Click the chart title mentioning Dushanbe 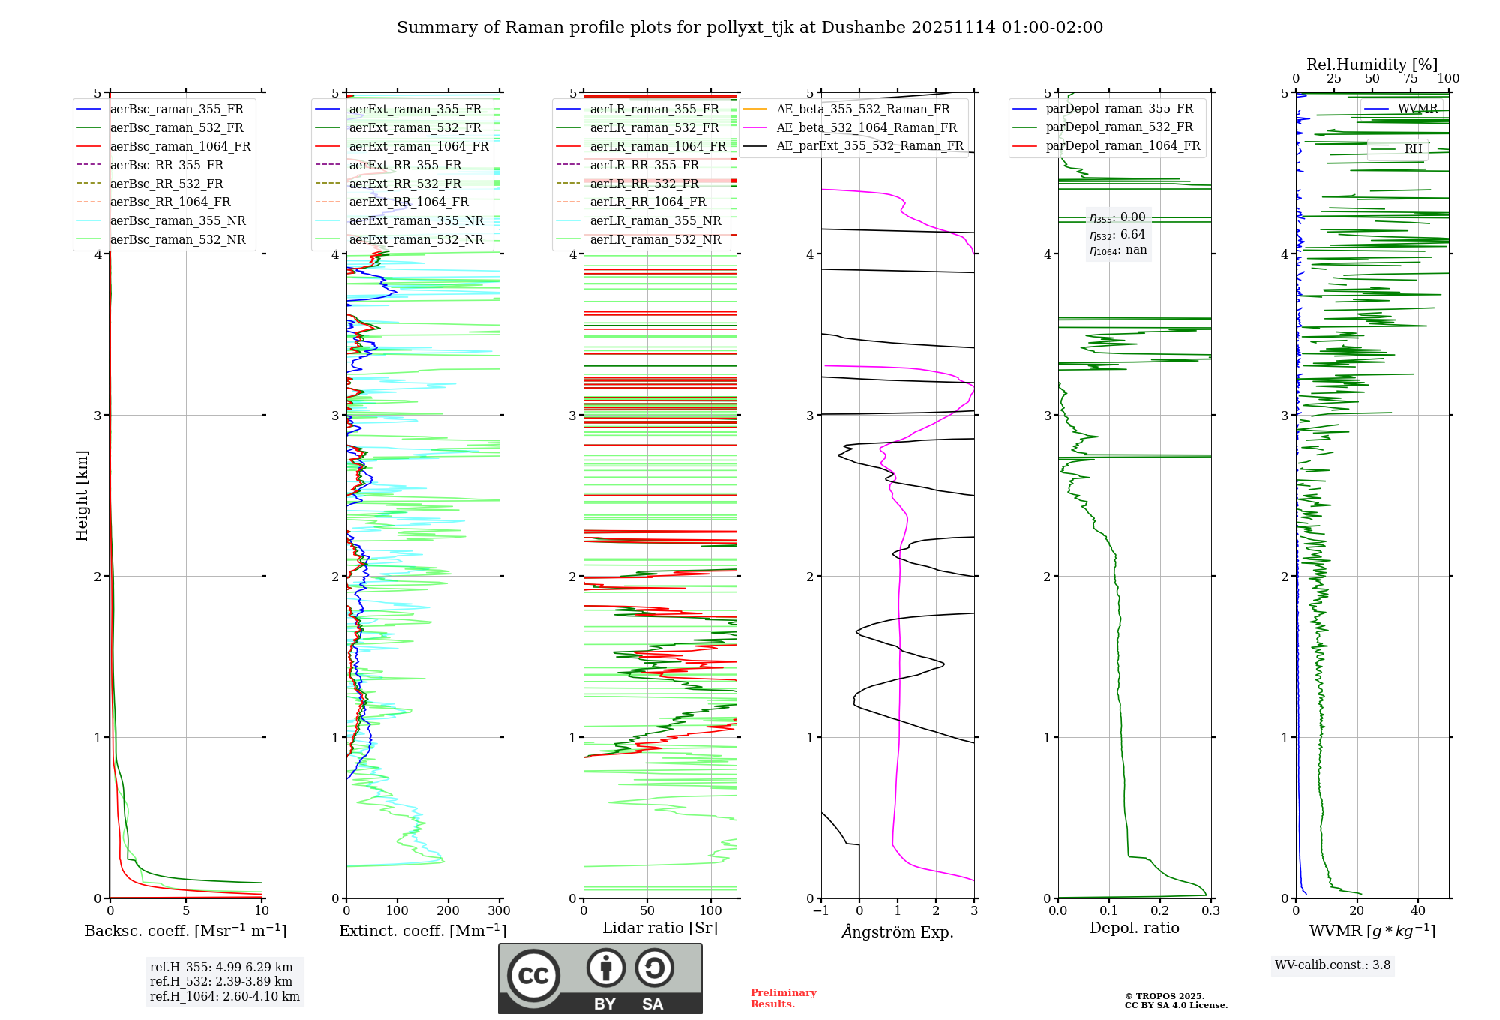coord(750,28)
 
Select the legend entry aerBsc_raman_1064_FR coord(180,146)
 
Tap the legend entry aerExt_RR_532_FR coord(405,184)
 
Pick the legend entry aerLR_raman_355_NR coord(655,220)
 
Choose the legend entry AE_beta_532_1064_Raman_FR coord(866,127)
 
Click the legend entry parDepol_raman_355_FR coord(1119,108)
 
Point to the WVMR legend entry coord(1417,108)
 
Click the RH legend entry coord(1413,148)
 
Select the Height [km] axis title coord(82,496)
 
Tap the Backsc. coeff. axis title coord(185,931)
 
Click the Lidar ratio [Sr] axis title coord(660,928)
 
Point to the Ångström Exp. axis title coord(898,931)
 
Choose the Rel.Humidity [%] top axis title coord(1372,64)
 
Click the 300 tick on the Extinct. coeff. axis coord(499,910)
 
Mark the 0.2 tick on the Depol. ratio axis coord(1160,910)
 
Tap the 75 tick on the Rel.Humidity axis coord(1411,78)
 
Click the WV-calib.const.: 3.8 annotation coord(1333,964)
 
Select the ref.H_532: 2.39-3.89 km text coord(221,981)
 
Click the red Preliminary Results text coord(783,997)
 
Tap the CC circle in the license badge coord(533,975)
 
